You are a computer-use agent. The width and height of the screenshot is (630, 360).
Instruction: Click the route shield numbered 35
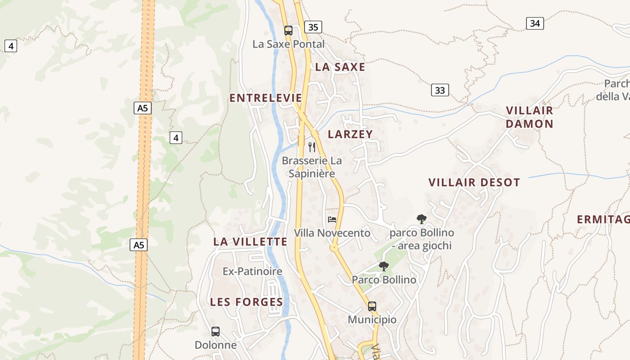click(313, 27)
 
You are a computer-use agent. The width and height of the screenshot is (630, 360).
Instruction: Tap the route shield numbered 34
click(535, 23)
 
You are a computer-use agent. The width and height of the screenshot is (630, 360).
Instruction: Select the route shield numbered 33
click(440, 90)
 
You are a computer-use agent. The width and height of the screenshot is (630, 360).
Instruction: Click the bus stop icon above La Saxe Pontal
click(288, 31)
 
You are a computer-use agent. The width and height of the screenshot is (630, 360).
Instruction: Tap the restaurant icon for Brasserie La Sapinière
click(311, 147)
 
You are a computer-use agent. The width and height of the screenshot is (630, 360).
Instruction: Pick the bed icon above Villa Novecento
click(332, 220)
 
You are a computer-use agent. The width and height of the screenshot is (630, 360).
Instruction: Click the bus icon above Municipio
click(372, 306)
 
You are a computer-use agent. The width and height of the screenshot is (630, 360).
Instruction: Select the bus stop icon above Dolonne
click(216, 332)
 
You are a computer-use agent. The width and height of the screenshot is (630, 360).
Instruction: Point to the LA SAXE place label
click(340, 67)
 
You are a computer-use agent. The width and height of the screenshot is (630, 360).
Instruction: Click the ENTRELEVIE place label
click(266, 98)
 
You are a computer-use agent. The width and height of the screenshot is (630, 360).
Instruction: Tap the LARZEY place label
click(351, 134)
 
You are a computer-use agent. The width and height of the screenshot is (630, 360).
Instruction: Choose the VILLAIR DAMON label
click(529, 117)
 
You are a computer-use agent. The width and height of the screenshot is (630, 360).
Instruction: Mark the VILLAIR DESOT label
click(474, 182)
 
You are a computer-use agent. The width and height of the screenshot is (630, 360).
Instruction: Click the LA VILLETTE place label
click(250, 242)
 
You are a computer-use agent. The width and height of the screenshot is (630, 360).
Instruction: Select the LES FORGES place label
click(247, 302)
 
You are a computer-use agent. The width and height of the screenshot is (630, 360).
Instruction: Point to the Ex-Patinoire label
click(252, 271)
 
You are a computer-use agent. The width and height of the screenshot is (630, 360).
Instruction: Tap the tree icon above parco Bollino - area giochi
click(422, 219)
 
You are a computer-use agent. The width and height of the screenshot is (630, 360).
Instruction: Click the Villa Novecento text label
click(332, 233)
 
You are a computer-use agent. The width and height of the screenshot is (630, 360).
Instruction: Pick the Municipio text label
click(372, 320)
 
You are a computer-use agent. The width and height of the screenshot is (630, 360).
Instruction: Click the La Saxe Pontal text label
click(288, 44)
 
